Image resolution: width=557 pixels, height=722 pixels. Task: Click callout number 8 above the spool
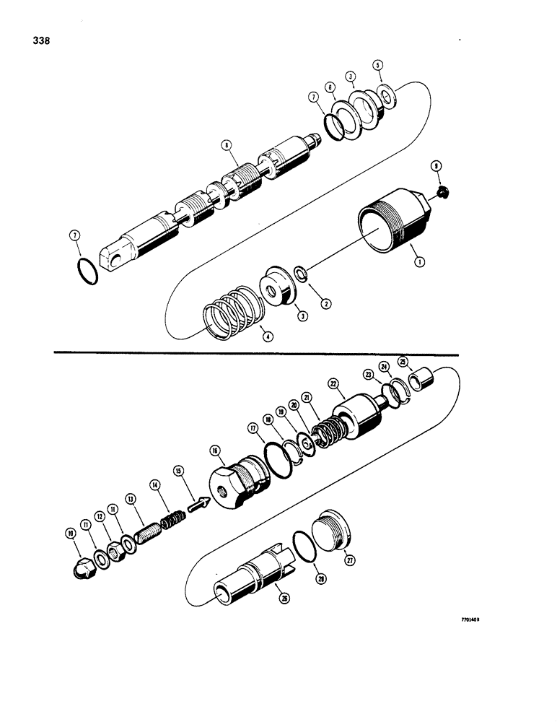[227, 145]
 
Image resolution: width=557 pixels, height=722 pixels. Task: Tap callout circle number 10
[70, 534]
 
